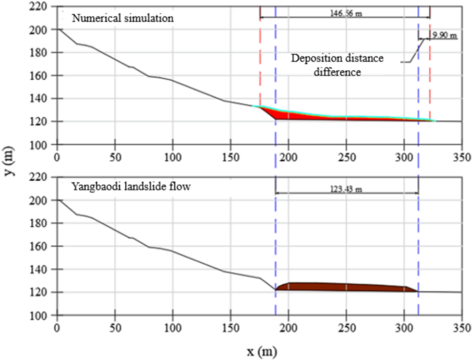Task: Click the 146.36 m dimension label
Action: click(345, 12)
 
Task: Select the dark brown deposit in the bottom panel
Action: click(345, 287)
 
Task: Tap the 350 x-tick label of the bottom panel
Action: click(461, 326)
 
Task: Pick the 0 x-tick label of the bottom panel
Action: click(57, 326)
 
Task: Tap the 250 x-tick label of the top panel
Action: click(346, 156)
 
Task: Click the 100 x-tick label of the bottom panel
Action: click(172, 326)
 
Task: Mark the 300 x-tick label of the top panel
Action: click(404, 156)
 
